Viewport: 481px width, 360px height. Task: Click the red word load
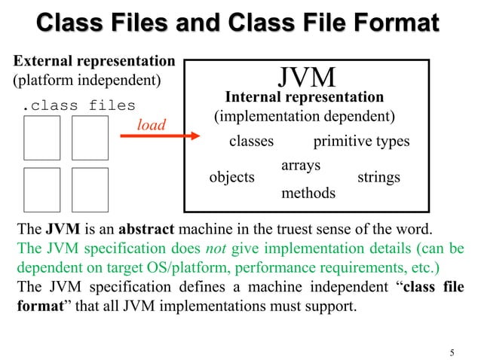coord(151,125)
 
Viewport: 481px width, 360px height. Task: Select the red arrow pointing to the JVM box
coord(159,136)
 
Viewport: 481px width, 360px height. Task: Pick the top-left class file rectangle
coord(42,138)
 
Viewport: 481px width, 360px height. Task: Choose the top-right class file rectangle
coord(90,138)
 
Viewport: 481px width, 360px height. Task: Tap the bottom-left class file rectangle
coord(42,190)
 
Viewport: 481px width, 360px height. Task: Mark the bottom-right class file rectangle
coord(90,190)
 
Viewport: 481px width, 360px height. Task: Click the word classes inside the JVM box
coord(251,142)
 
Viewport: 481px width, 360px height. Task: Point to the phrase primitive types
coord(361,142)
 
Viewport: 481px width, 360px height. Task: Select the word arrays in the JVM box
coord(301,164)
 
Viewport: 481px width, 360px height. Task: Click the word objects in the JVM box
coord(231,178)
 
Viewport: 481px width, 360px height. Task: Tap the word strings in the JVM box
coord(378,178)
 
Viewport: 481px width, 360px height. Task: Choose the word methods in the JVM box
coord(308,193)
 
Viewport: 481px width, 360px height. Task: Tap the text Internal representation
coord(305,97)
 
